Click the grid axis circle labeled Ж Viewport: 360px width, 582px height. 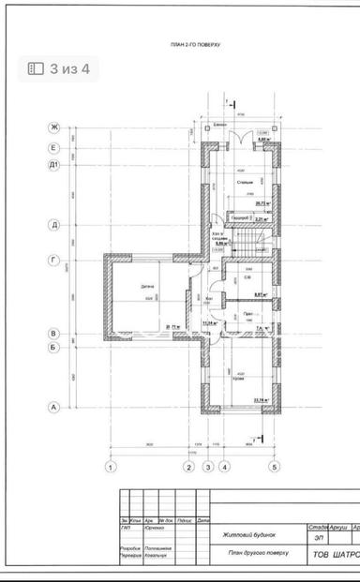coord(54,127)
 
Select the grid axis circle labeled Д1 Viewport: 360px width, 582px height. coord(54,165)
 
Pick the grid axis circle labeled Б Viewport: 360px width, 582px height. coord(54,347)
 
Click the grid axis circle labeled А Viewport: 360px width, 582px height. coord(54,407)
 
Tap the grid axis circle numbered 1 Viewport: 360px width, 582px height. coord(111,466)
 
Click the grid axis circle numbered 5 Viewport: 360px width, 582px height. coord(275,466)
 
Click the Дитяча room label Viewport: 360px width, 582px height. coord(147,287)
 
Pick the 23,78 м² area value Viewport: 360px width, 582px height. coord(261,400)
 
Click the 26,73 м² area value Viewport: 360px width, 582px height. coord(262,201)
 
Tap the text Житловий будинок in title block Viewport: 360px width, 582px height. coord(246,536)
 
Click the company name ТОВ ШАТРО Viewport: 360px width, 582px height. coord(335,553)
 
